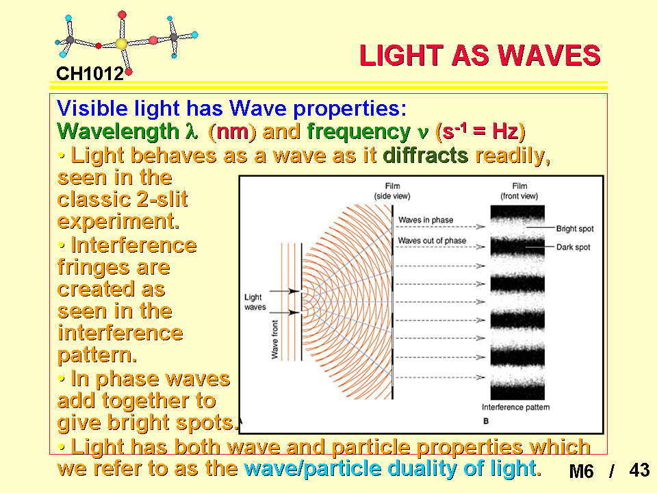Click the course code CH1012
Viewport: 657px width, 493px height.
point(90,74)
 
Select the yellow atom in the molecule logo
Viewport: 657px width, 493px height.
point(121,44)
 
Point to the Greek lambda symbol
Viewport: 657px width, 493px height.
point(191,131)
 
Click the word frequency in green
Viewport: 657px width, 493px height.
point(359,132)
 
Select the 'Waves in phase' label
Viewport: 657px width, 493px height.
point(426,220)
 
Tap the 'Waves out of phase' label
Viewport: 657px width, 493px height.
point(432,240)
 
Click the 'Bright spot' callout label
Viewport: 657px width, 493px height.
point(575,229)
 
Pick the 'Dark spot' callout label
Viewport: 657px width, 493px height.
point(574,247)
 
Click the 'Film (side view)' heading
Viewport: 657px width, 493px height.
point(392,191)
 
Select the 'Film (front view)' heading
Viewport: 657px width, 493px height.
point(519,191)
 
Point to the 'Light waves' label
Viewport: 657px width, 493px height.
point(255,302)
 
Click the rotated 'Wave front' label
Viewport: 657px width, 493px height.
point(275,340)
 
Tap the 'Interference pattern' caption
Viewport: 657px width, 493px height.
point(516,407)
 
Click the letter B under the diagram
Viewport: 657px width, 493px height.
point(486,421)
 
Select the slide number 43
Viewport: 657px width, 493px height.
point(639,470)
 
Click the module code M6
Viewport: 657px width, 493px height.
point(581,471)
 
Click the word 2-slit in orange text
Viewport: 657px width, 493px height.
point(162,199)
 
